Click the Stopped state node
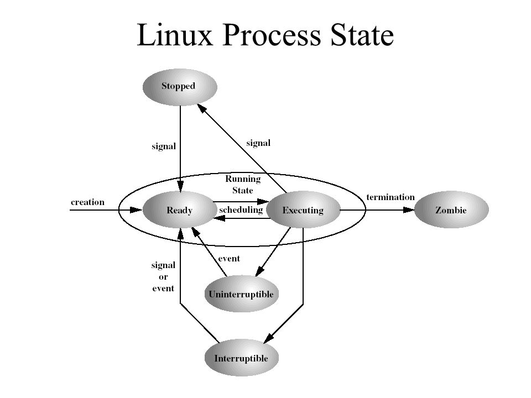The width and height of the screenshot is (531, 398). click(180, 86)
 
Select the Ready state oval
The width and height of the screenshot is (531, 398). click(180, 210)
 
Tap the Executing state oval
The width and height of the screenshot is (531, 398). click(303, 210)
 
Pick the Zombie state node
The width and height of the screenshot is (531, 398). click(452, 210)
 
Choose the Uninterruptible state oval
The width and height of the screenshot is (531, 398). click(241, 294)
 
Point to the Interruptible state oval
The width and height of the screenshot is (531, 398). click(241, 358)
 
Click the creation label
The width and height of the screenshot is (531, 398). click(87, 202)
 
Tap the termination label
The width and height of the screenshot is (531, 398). click(390, 197)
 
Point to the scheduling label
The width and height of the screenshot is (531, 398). click(240, 210)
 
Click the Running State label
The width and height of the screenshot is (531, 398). click(242, 184)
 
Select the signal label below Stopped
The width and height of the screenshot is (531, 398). click(164, 146)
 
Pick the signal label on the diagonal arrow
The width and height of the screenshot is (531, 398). click(258, 143)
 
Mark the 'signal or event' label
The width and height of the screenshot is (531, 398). click(163, 276)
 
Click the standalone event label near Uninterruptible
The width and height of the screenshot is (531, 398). click(229, 258)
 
